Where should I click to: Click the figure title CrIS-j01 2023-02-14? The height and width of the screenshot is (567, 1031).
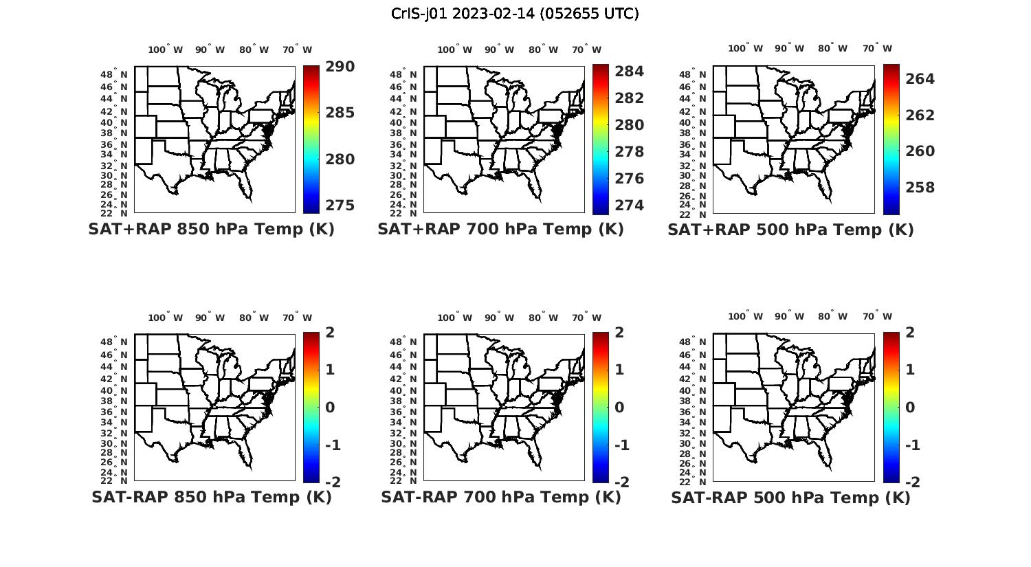click(515, 14)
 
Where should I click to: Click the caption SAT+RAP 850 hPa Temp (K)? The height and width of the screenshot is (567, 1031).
click(211, 230)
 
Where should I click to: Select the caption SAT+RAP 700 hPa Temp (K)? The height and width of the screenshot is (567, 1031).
click(500, 230)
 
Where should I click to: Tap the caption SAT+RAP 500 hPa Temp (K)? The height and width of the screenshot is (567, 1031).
click(790, 230)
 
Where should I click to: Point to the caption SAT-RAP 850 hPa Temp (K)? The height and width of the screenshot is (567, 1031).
click(211, 497)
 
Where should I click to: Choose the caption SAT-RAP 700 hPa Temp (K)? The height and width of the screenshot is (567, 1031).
click(500, 497)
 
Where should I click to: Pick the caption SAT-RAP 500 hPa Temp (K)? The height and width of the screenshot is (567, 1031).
click(790, 497)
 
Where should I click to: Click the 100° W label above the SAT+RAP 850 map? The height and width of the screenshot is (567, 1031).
click(165, 49)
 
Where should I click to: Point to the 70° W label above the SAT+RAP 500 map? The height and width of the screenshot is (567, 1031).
click(877, 48)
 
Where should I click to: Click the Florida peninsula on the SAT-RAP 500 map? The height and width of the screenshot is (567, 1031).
click(825, 458)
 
